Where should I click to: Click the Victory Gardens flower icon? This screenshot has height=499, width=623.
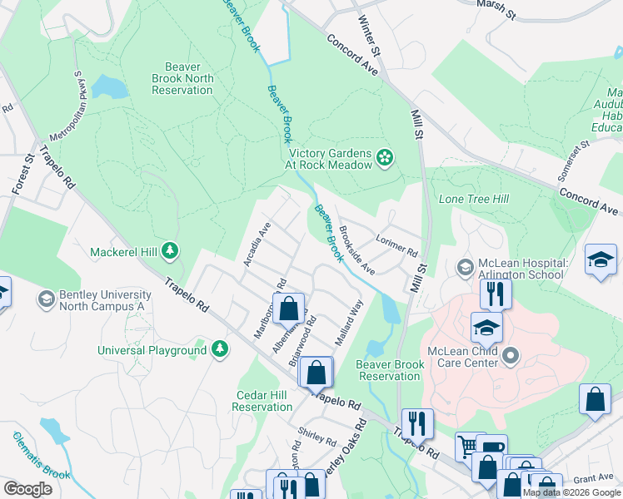click(x=384, y=157)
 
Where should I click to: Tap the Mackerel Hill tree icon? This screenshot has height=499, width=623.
click(x=170, y=249)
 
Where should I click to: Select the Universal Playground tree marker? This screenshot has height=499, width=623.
click(x=220, y=349)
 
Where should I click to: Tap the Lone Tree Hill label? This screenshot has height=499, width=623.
click(x=473, y=200)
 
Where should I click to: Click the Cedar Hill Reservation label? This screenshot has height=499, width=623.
click(x=262, y=401)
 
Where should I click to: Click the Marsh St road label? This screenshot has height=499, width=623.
click(x=497, y=5)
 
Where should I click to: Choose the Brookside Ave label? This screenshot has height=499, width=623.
click(x=356, y=249)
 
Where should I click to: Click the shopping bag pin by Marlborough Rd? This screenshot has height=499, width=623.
click(x=287, y=309)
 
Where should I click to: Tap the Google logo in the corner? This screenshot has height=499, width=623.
click(x=27, y=489)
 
